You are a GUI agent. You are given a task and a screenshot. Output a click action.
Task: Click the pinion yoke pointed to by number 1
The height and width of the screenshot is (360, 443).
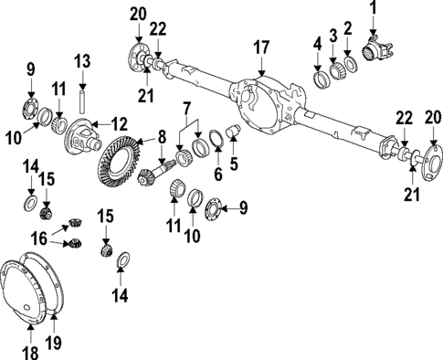pyautogui.click(x=374, y=46)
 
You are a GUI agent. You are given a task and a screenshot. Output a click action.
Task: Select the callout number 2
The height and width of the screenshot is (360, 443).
pyautogui.click(x=347, y=27)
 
